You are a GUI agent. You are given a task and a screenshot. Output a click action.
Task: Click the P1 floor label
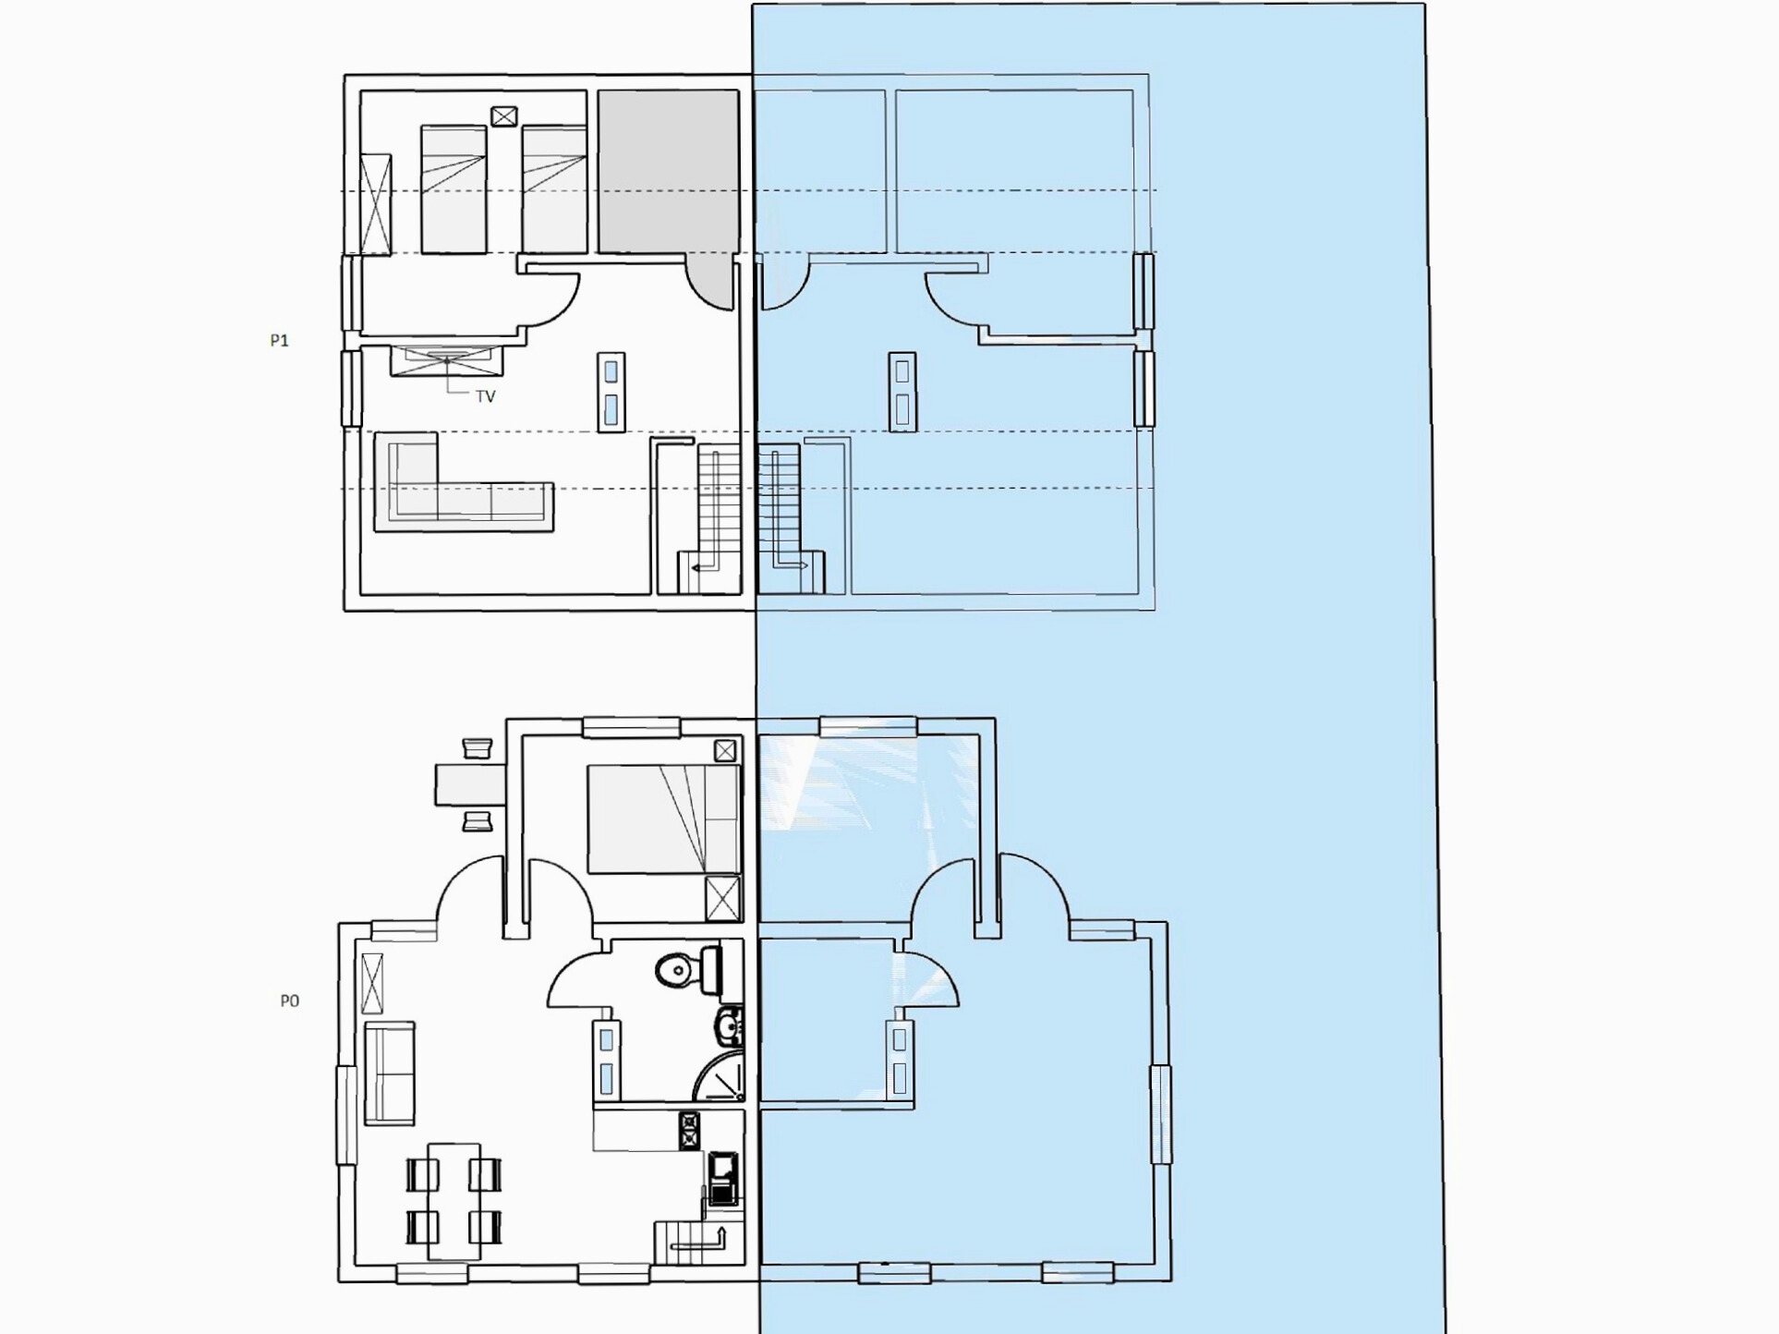[x=279, y=341]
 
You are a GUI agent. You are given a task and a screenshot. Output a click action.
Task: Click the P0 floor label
[x=289, y=1000]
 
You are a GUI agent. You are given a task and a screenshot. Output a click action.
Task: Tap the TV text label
[x=486, y=396]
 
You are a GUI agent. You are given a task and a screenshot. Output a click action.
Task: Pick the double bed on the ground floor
[x=664, y=819]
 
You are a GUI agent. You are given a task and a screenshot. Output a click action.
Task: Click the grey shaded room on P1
[x=668, y=172]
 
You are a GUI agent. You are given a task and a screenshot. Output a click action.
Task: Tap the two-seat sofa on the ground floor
[x=389, y=1073]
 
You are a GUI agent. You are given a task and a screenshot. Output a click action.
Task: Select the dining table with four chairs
[x=454, y=1201]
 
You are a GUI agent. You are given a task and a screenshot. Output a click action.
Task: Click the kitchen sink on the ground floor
[x=723, y=1179]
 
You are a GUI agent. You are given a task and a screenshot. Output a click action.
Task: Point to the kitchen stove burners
[x=689, y=1131]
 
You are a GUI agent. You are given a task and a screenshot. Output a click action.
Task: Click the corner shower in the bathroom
[x=720, y=1075]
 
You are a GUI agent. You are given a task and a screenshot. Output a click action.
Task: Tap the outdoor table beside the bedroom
[x=470, y=784]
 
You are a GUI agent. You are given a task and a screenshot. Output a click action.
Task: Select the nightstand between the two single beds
[x=503, y=116]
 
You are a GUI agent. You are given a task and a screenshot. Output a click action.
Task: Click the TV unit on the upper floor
[x=447, y=360]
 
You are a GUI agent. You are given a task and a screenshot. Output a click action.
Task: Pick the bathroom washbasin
[x=730, y=1025]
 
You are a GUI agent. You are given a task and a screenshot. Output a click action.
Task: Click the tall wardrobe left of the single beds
[x=376, y=204]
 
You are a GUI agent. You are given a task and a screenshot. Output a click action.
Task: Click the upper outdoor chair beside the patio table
[x=477, y=747]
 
